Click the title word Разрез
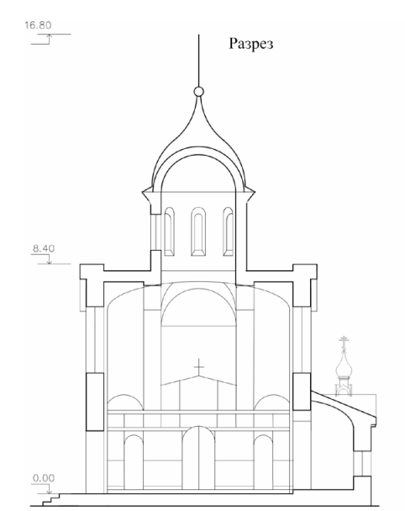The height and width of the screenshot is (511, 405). [x=250, y=44]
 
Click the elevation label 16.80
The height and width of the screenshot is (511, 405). [x=38, y=25]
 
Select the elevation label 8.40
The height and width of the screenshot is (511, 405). [x=44, y=248]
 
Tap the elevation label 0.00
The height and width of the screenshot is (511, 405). [x=44, y=478]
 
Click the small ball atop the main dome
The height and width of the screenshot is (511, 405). [x=199, y=92]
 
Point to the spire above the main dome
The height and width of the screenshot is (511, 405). [x=199, y=61]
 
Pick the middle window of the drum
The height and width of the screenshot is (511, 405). [x=198, y=232]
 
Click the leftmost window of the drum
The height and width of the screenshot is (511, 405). [x=169, y=232]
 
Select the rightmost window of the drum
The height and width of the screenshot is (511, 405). [x=228, y=232]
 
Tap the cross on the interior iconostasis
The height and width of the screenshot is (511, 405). [x=199, y=367]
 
